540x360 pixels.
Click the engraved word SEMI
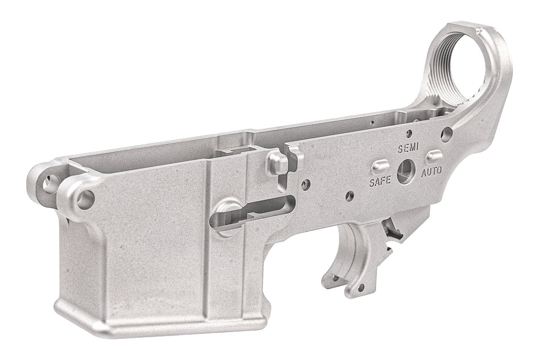point(408,149)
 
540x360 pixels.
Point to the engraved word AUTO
point(431,171)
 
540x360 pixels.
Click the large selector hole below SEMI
point(405,171)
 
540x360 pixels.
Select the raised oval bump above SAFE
point(380,166)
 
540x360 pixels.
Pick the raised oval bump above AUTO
point(434,155)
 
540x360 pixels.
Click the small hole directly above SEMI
point(409,134)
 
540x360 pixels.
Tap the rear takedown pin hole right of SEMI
point(447,134)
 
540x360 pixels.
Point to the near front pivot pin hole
point(85,199)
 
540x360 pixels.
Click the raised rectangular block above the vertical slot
point(277,163)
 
